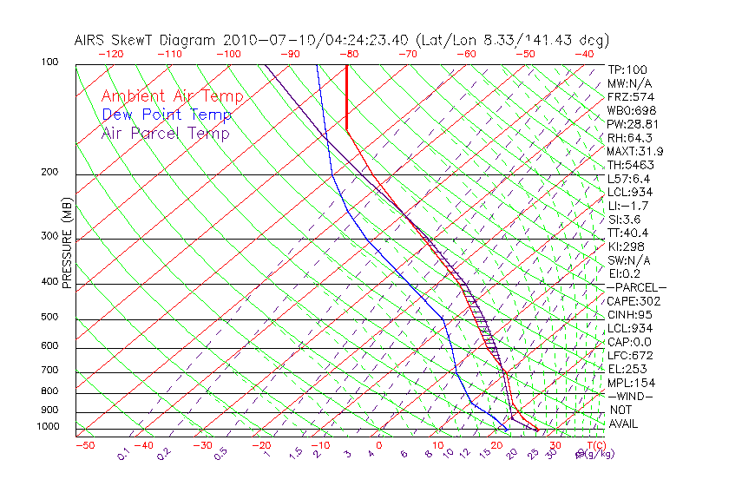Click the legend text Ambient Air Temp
click(x=172, y=96)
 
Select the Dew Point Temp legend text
click(x=167, y=115)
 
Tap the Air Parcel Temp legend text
click(x=165, y=133)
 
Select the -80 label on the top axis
click(x=350, y=54)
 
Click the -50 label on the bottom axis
click(x=84, y=445)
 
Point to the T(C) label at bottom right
click(x=592, y=445)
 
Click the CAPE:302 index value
click(x=634, y=301)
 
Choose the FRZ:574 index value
click(x=629, y=96)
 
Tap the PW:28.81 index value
click(x=633, y=124)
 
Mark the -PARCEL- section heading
click(x=637, y=287)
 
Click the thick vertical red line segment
click(x=346, y=97)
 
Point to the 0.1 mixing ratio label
click(x=123, y=453)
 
